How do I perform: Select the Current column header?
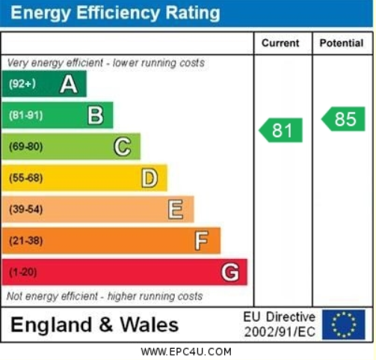coord(281,43)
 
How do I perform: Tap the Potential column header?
coord(342,43)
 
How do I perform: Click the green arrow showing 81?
coord(281,130)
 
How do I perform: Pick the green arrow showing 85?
coord(344,119)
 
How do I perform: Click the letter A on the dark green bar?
coord(69,85)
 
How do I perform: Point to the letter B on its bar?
coord(96,115)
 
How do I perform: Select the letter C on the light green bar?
coord(122,147)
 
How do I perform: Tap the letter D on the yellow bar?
coord(150,178)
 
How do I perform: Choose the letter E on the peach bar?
coord(176,210)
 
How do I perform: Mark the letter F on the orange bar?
coord(201,241)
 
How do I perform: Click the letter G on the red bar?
coord(230,272)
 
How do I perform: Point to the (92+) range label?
coord(22,85)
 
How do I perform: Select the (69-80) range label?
coord(25,147)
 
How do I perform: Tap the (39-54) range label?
coord(25,210)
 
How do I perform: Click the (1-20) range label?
coord(22,272)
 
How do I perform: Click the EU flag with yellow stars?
coord(343,324)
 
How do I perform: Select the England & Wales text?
coord(94,325)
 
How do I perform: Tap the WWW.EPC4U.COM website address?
coord(186,351)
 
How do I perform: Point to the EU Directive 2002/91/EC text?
coord(279,324)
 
